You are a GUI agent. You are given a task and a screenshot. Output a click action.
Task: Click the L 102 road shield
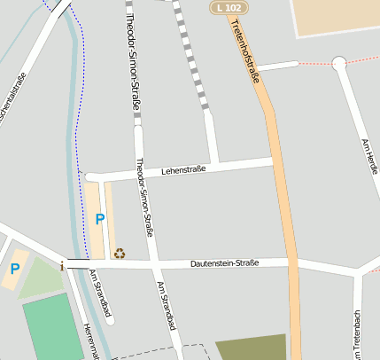pyautogui.click(x=229, y=8)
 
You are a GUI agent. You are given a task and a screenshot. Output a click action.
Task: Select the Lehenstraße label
pyautogui.click(x=182, y=169)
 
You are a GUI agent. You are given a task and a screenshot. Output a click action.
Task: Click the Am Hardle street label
pyautogui.click(x=371, y=156)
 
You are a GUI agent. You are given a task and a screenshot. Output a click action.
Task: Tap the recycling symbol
pyautogui.click(x=120, y=253)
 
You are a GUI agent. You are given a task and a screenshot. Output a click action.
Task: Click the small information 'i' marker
pyautogui.click(x=62, y=264)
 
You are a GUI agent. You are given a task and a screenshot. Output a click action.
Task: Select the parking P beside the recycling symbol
pyautogui.click(x=99, y=218)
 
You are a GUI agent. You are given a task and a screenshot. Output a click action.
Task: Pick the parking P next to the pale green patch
pyautogui.click(x=14, y=268)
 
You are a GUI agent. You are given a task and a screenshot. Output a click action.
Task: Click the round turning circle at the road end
pyautogui.click(x=338, y=63)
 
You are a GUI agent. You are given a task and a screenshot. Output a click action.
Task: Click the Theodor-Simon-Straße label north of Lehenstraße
pyautogui.click(x=134, y=61)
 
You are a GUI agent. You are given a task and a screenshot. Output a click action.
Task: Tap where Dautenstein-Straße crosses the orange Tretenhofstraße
pyautogui.click(x=291, y=262)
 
